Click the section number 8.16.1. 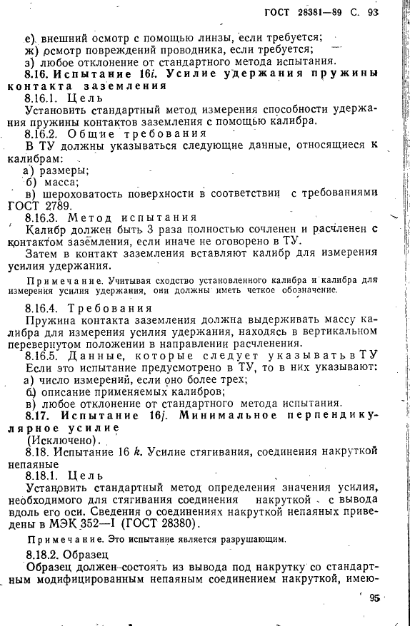[x=44, y=98]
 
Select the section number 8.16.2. [x=44, y=133]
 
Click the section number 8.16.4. [x=44, y=308]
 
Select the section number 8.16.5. [x=44, y=354]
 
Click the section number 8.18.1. [x=44, y=475]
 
